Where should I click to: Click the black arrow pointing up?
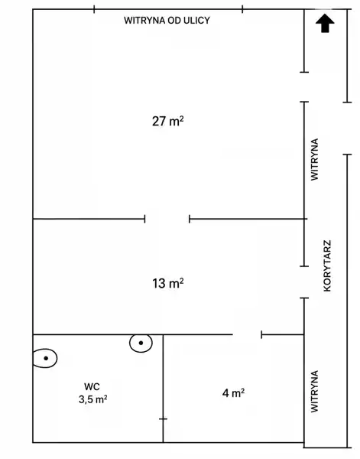[x=325, y=23]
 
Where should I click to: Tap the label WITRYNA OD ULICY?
[x=167, y=21]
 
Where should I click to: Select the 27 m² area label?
[x=168, y=121]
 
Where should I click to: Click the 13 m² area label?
[x=168, y=283]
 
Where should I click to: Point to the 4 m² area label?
[x=233, y=393]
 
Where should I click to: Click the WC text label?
[x=92, y=386]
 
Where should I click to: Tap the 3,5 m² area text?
[x=93, y=399]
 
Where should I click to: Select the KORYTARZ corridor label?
[x=327, y=265]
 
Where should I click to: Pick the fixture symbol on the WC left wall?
[x=45, y=358]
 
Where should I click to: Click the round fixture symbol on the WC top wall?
[x=141, y=343]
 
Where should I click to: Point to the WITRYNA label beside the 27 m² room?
[x=314, y=160]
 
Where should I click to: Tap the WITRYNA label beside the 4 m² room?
[x=314, y=392]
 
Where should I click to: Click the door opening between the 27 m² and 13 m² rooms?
[x=167, y=219]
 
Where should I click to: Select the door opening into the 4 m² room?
[x=247, y=334]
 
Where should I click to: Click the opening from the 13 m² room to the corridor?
[x=304, y=282]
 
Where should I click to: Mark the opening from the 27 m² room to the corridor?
[x=304, y=87]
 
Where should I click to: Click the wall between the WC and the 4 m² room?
[x=163, y=388]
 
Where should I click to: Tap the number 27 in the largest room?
[x=159, y=121]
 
